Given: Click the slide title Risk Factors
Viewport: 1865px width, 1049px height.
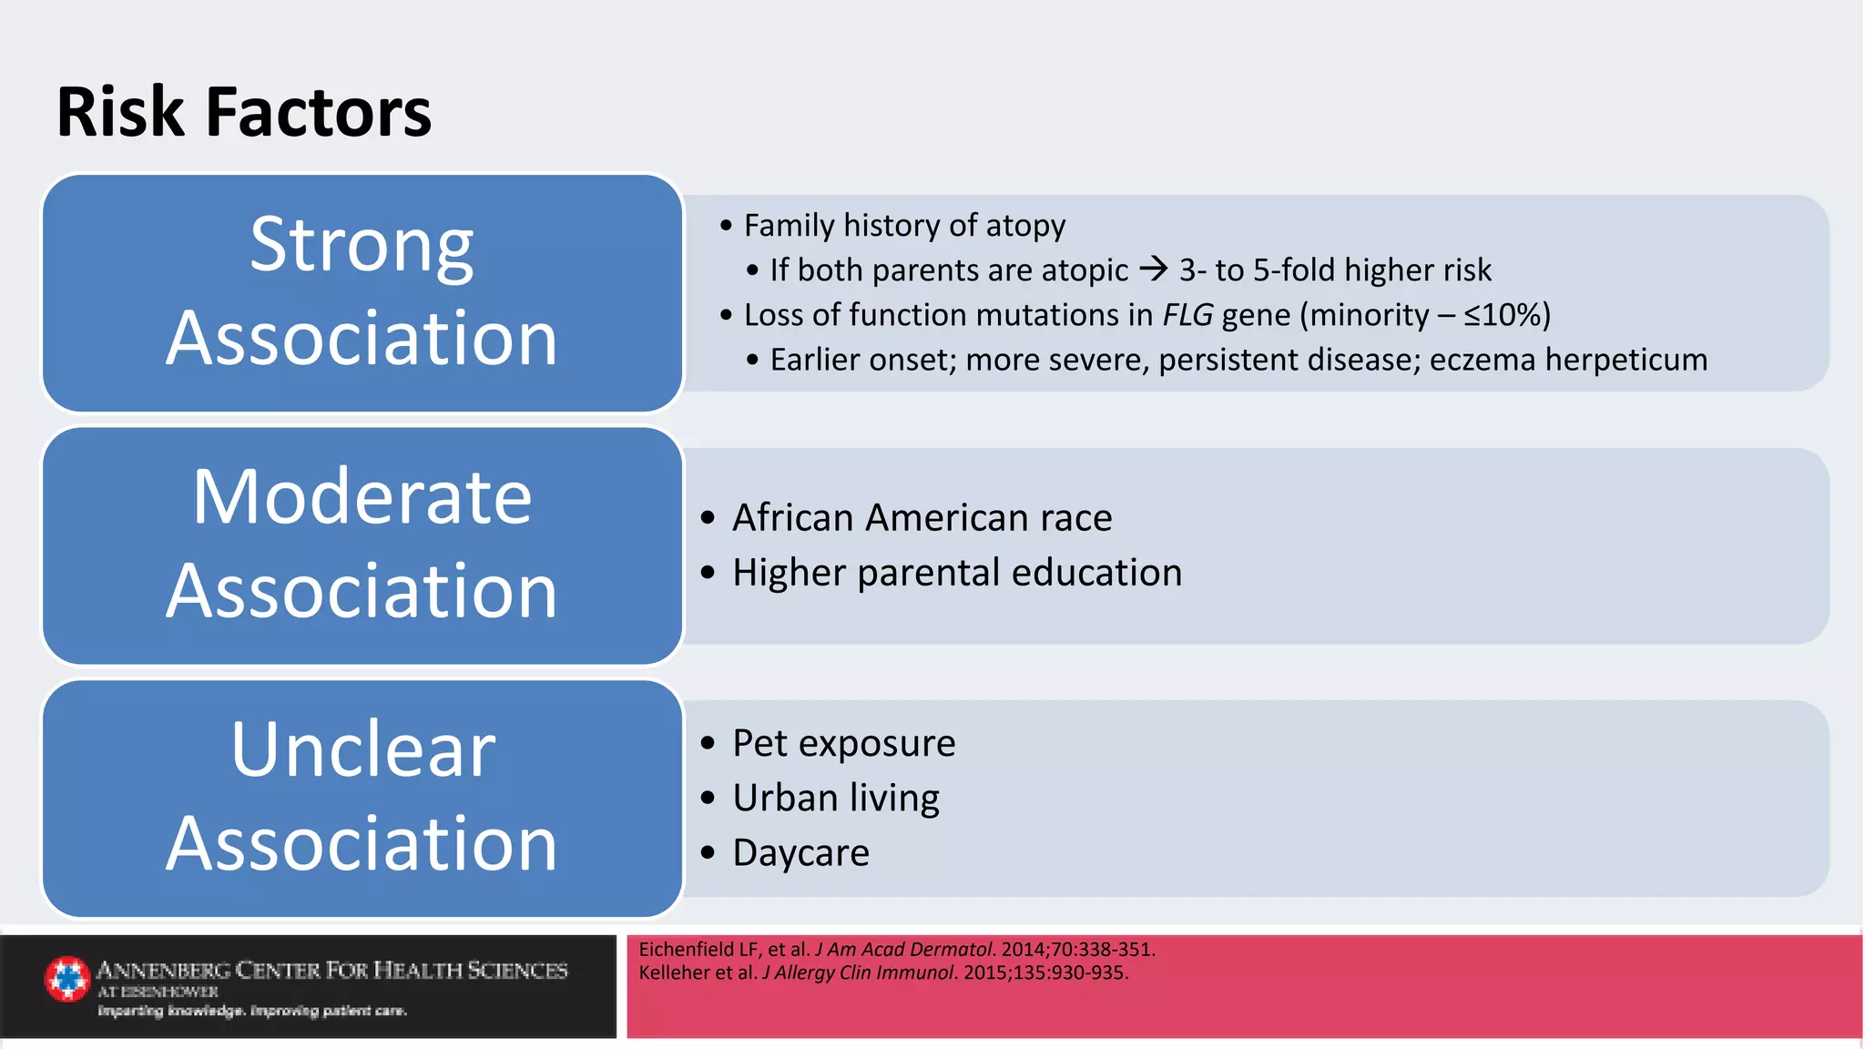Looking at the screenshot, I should coord(243,112).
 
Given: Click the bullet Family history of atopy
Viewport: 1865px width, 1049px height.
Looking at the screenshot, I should coord(903,225).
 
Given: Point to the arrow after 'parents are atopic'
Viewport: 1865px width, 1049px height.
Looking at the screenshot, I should coord(1153,269).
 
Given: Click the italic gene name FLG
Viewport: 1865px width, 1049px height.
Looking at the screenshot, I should coord(1187,315).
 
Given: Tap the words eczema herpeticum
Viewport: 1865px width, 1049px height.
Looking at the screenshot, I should coord(1568,360).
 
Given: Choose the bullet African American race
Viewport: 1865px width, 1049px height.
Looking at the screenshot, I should coord(922,517).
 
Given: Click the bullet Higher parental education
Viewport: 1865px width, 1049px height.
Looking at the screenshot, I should coord(956,573).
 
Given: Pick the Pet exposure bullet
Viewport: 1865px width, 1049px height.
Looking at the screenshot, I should coord(843,743).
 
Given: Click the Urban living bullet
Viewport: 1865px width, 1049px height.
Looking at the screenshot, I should coord(835,798).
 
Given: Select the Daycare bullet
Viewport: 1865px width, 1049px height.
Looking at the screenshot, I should coord(800,853).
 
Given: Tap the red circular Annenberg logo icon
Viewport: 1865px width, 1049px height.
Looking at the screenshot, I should coord(67,979).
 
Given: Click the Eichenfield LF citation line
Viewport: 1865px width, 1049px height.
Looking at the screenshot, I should coord(896,949).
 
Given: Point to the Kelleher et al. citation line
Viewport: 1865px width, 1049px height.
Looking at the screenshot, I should coord(882,973).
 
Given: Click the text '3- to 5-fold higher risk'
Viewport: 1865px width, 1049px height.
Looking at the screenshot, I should coord(1334,270).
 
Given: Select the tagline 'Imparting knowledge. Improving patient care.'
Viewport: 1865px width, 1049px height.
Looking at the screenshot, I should coord(252,1011).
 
